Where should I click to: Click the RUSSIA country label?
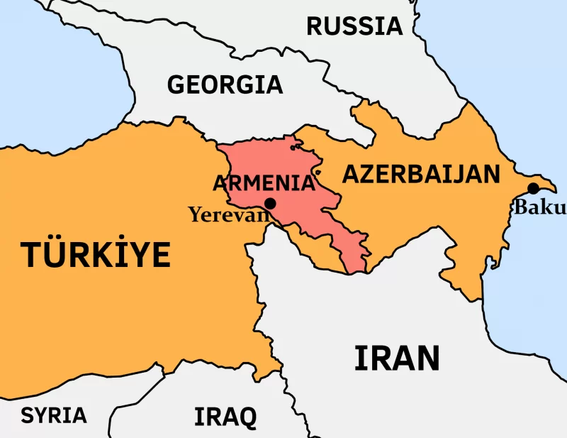point(354,26)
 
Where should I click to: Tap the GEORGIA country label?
point(225,84)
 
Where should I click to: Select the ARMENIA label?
point(264,183)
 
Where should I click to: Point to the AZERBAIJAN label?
point(421,174)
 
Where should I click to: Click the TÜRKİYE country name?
point(96,254)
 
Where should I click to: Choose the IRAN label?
point(396,358)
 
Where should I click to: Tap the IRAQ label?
point(225,416)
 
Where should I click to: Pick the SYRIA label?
point(54,415)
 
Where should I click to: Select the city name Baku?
point(539,207)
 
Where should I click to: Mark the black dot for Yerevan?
point(269,203)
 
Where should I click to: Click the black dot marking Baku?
point(533,188)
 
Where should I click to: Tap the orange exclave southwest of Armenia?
point(312,248)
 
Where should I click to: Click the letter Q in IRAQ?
point(245,417)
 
